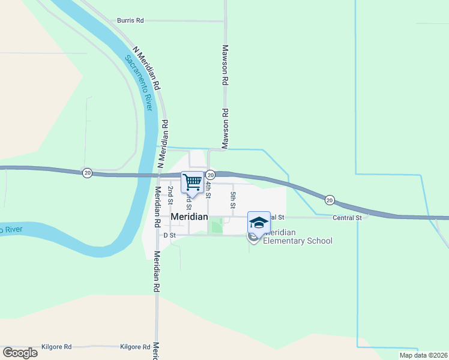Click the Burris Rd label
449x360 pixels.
[130, 20]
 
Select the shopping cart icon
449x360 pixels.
[193, 182]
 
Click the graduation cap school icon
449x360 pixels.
[259, 222]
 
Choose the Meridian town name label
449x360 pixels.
[189, 217]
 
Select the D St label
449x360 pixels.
[169, 235]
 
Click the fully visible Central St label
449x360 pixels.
[348, 217]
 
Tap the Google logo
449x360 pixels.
[20, 352]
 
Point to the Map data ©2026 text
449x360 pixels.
[423, 355]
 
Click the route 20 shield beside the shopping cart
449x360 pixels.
[210, 175]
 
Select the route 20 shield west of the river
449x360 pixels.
[88, 173]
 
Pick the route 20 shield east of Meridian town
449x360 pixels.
[330, 199]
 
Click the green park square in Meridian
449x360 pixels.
[215, 226]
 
